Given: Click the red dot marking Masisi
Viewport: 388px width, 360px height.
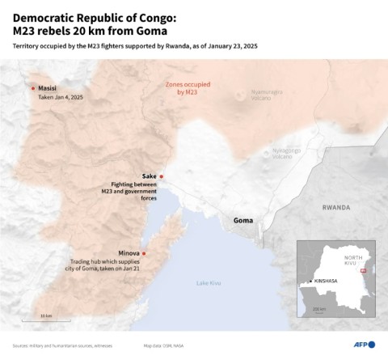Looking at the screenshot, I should (33, 88).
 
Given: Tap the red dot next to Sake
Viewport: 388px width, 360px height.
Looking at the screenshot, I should (162, 176).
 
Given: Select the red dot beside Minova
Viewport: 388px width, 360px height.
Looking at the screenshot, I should (144, 254).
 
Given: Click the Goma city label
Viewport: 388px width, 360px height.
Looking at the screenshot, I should (242, 220).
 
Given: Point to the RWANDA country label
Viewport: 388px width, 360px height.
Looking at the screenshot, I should (336, 207).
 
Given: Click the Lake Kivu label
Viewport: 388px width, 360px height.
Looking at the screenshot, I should (208, 282).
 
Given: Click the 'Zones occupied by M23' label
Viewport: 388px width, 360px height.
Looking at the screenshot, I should (187, 88).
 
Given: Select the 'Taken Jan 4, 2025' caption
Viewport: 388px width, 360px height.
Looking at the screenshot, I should (61, 97).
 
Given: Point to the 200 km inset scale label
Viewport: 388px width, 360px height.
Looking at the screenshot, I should (319, 309).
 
